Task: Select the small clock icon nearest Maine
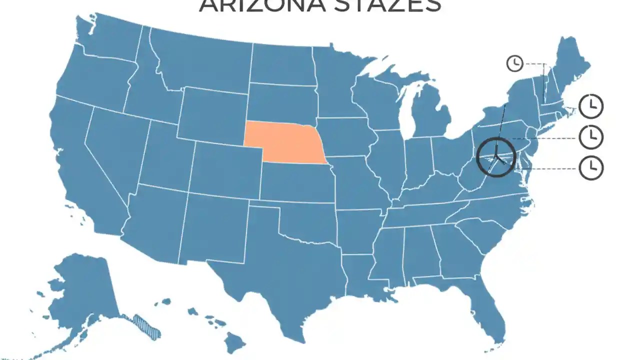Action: point(514,63)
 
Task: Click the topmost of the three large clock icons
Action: point(591,105)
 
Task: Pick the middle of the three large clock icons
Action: point(591,136)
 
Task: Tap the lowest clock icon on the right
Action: point(591,167)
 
